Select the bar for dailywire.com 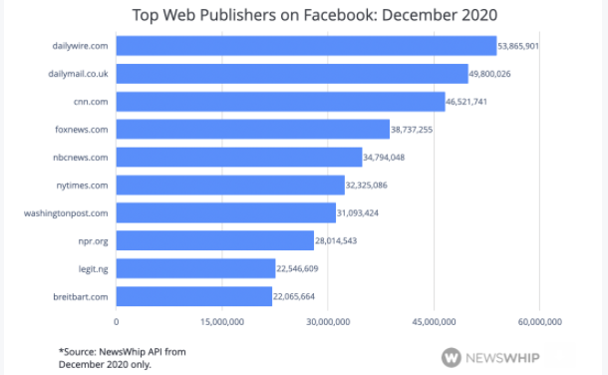click(306, 46)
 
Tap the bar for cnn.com click(280, 102)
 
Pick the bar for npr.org click(214, 240)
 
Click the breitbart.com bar click(193, 296)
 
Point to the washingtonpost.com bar click(225, 212)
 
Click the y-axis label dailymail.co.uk click(80, 74)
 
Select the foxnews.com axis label click(83, 130)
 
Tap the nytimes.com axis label click(84, 186)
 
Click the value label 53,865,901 click(518, 46)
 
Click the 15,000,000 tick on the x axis click(222, 321)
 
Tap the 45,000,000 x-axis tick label click(434, 321)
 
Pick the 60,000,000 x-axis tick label click(538, 321)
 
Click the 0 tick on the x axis click(117, 321)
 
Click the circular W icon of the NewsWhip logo click(453, 356)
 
